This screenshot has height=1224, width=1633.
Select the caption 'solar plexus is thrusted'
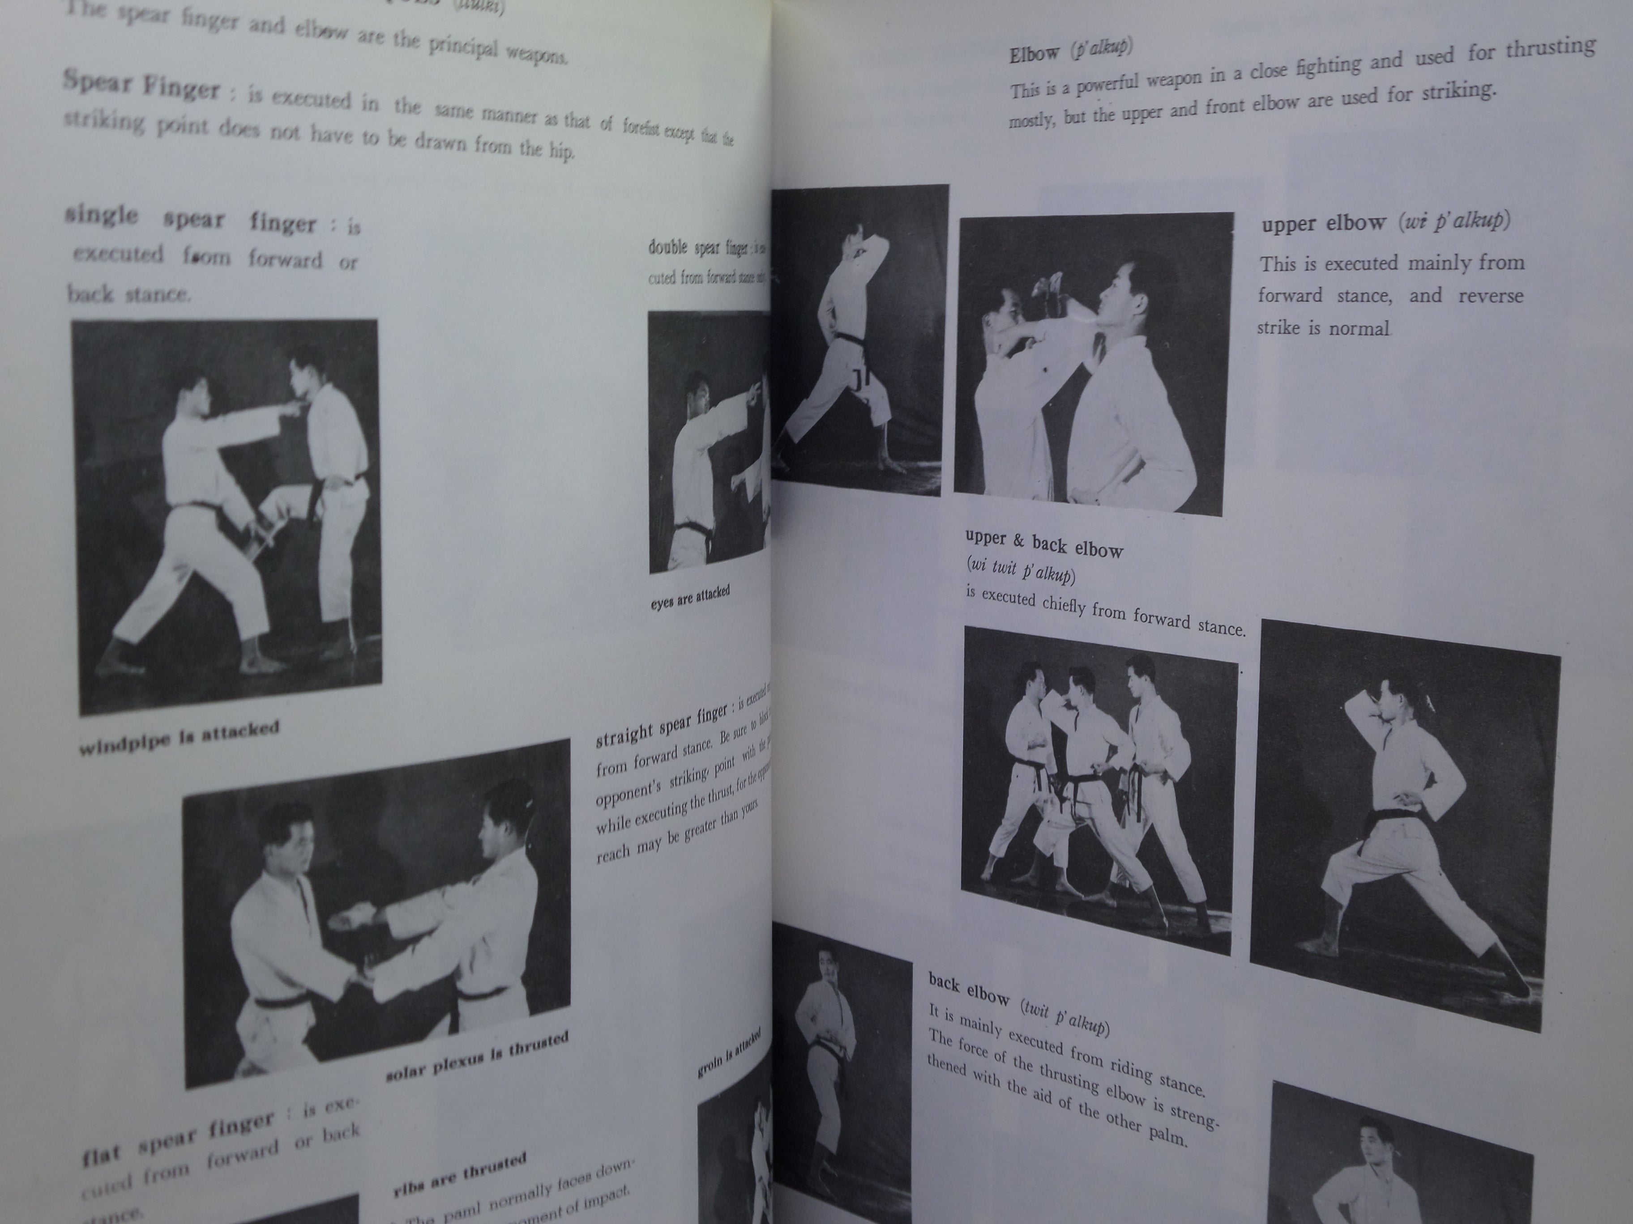coord(477,1057)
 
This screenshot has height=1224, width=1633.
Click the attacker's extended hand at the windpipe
coord(299,403)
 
